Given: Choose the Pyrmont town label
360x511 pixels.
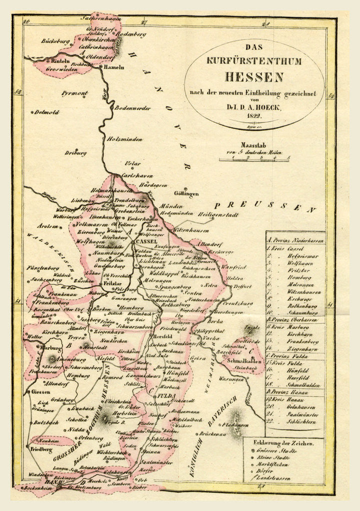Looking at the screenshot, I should pos(75,93).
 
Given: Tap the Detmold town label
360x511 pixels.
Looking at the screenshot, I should pos(47,112).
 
